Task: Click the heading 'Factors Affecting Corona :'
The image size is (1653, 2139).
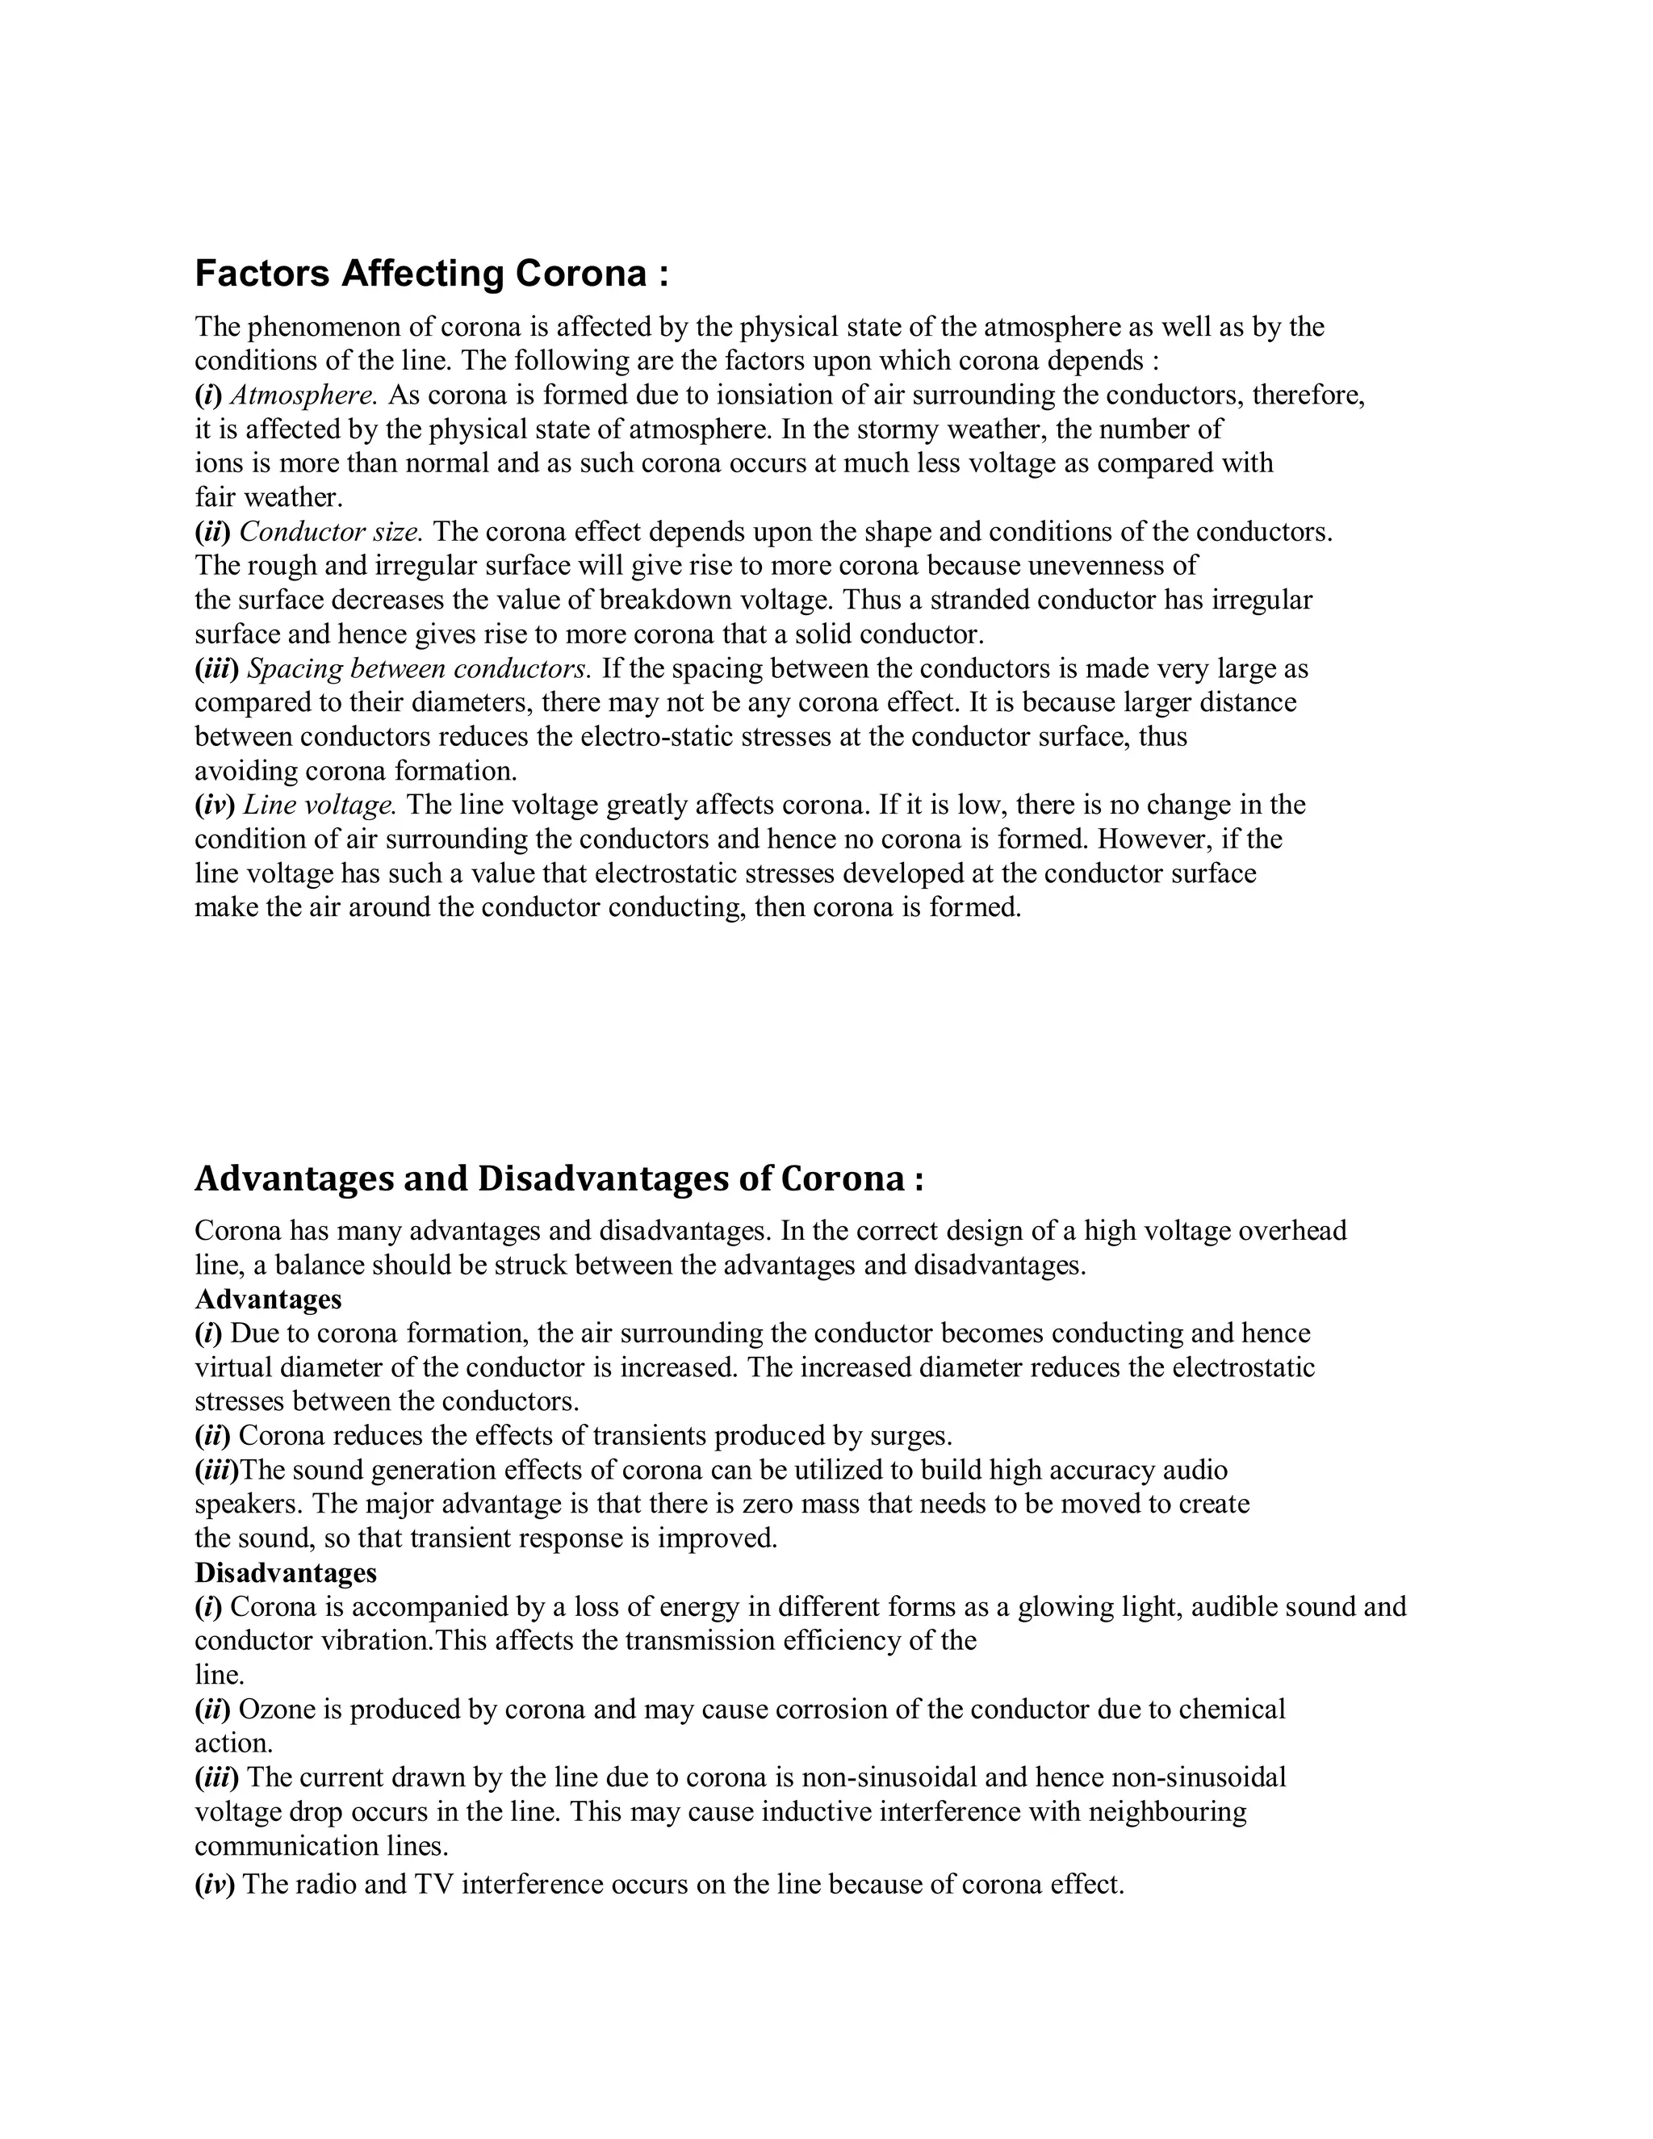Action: (x=432, y=274)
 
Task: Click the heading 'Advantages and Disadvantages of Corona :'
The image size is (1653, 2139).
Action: (x=559, y=1178)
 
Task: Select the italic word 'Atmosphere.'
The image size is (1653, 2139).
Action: (x=303, y=396)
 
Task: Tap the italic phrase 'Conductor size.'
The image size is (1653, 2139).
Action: (x=331, y=532)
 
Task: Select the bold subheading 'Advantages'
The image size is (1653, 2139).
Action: (x=268, y=1300)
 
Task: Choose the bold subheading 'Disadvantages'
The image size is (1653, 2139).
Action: (x=286, y=1573)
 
